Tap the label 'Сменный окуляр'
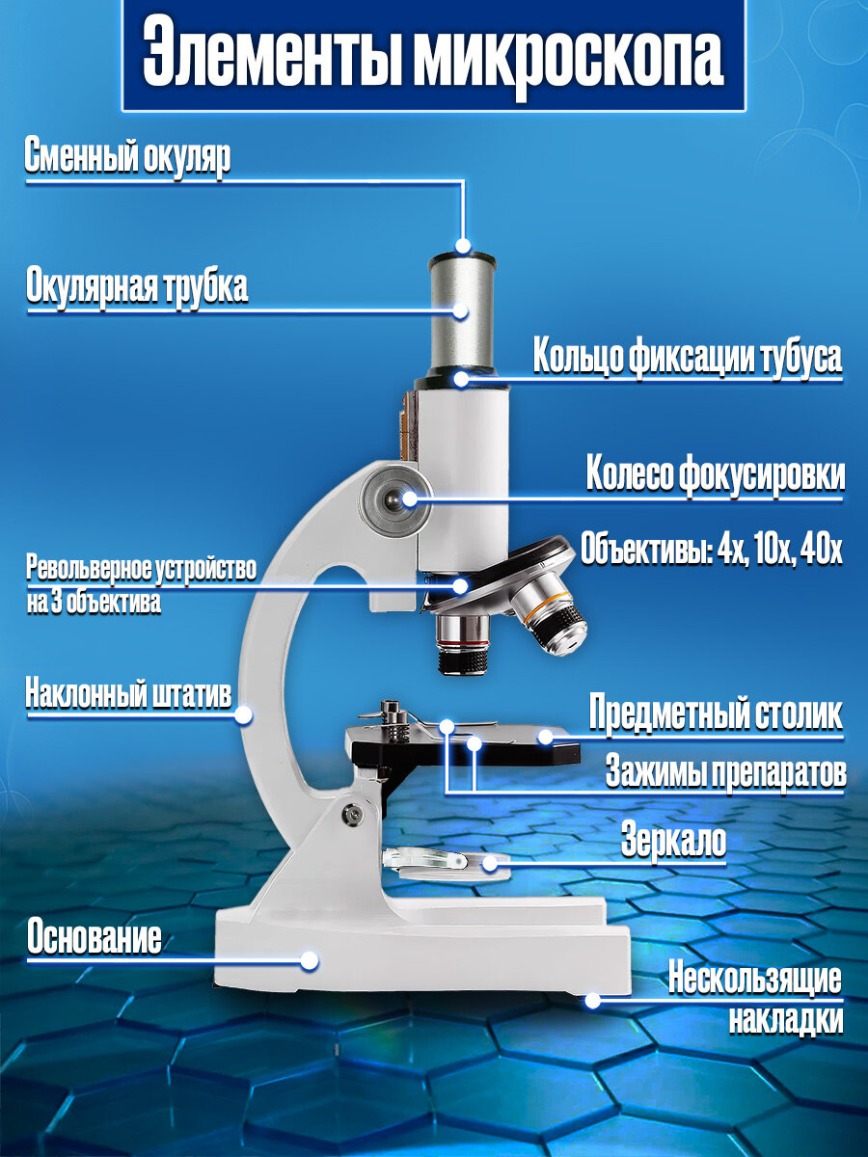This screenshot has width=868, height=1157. [x=127, y=158]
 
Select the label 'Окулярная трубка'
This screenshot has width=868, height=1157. [x=137, y=286]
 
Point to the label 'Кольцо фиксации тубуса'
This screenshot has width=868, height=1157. [x=688, y=356]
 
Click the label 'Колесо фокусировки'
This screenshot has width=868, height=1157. [x=716, y=475]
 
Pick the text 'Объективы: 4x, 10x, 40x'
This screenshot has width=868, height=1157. [x=712, y=551]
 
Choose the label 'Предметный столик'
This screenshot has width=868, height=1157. [x=716, y=715]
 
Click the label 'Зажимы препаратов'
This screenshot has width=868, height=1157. [x=725, y=771]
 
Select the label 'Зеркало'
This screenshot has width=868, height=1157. [x=673, y=840]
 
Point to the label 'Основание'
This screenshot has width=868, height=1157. [x=94, y=937]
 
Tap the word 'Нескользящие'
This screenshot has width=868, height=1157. [x=755, y=980]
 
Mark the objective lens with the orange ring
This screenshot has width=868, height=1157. [x=551, y=625]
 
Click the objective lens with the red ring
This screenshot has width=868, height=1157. [x=464, y=643]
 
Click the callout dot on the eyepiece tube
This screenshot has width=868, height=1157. [x=462, y=310]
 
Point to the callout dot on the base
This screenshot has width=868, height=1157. [x=310, y=960]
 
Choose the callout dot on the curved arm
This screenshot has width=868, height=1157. [x=244, y=715]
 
